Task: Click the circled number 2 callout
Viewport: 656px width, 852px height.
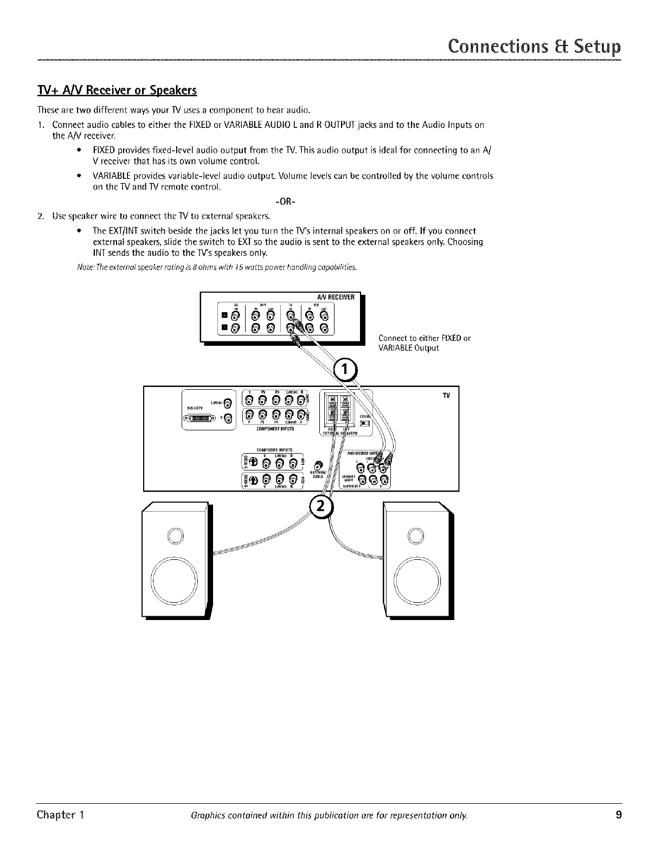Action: (x=320, y=506)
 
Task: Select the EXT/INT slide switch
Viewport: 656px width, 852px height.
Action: (x=365, y=423)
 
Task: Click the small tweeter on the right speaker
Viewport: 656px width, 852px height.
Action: (x=416, y=535)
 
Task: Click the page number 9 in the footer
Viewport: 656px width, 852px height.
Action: (x=619, y=815)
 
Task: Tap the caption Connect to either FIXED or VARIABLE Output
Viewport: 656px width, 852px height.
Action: (x=424, y=343)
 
